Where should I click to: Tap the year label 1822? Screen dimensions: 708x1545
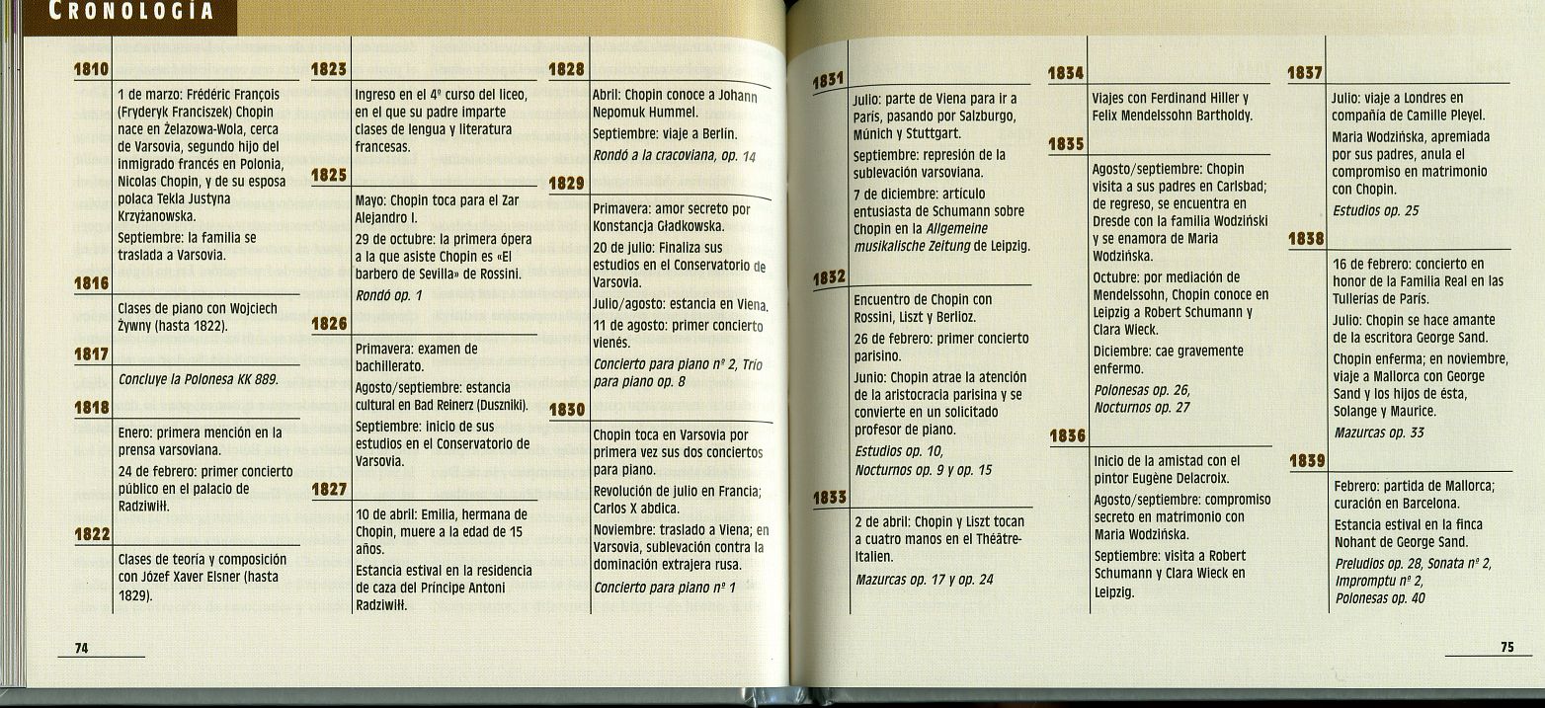91,534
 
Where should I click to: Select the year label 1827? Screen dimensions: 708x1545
329,489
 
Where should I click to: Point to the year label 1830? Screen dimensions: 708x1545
567,409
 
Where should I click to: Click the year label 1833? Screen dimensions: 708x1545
831,498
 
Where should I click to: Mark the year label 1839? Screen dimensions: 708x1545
1307,459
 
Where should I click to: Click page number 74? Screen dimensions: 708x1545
82,647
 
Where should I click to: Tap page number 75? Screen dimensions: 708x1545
1506,647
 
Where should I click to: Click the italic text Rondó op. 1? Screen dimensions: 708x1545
389,295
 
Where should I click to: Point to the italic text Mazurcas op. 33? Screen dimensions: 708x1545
1379,433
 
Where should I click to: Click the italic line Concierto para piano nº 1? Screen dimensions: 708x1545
665,588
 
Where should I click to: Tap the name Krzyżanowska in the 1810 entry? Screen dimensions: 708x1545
156,216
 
